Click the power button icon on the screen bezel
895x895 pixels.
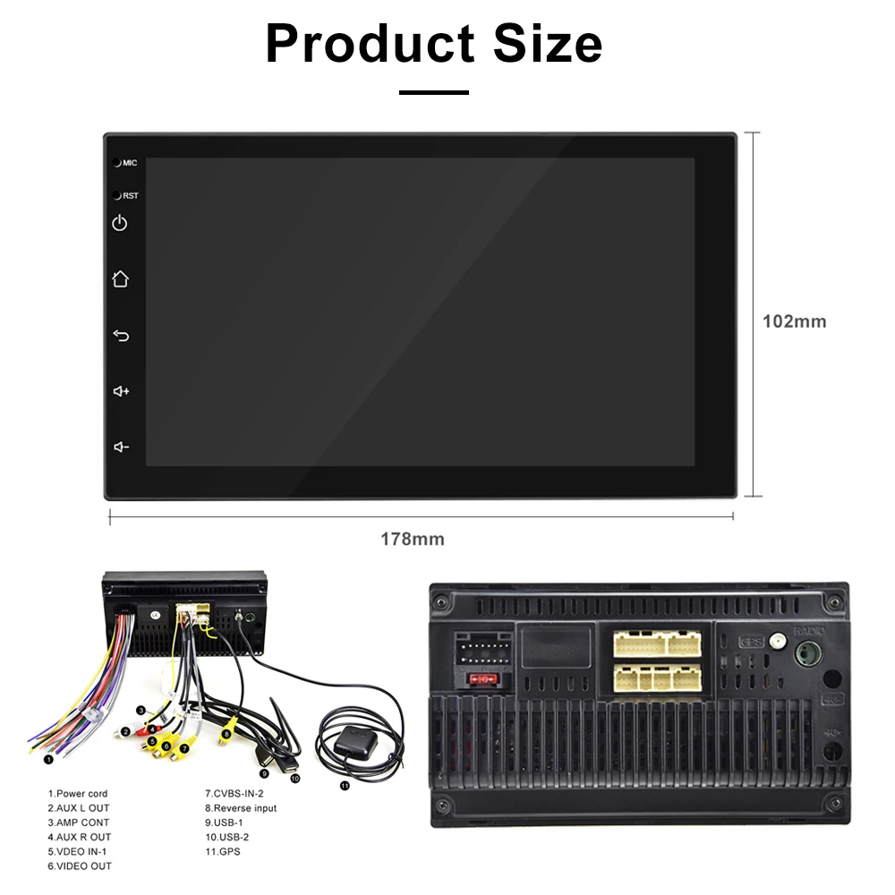(120, 223)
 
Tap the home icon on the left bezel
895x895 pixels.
(120, 279)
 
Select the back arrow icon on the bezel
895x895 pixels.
(121, 336)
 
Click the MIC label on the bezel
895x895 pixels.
(130, 163)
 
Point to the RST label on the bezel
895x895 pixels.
(131, 195)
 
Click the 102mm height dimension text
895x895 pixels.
(794, 321)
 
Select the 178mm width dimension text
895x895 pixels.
(413, 540)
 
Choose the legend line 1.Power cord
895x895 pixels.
(78, 794)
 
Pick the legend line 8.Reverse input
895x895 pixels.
(241, 808)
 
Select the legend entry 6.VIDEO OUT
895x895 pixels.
(81, 865)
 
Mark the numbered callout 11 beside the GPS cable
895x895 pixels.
(345, 786)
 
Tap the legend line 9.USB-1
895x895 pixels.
(224, 823)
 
